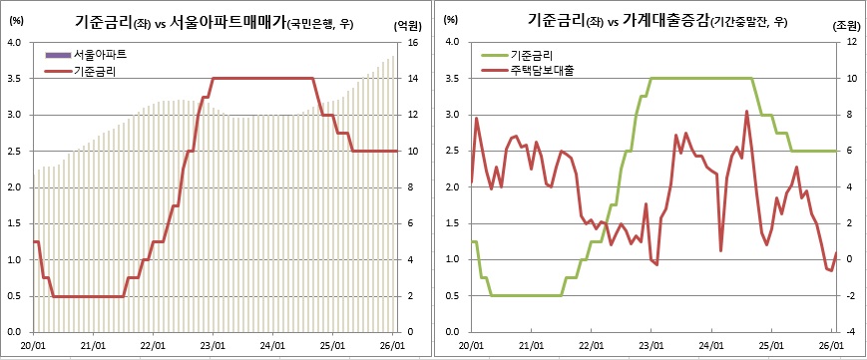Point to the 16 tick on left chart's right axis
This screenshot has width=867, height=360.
point(411,43)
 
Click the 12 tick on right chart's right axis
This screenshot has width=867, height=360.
point(850,43)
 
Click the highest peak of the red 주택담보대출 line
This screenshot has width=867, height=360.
point(746,112)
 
